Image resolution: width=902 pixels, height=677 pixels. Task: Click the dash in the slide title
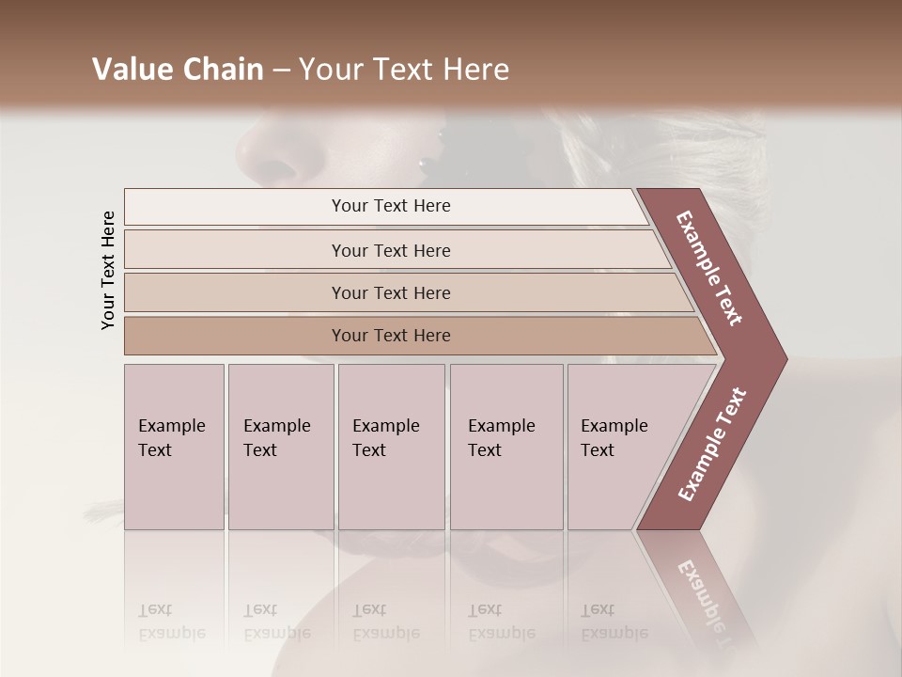pyautogui.click(x=281, y=71)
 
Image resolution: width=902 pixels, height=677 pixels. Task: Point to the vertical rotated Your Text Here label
pyautogui.click(x=108, y=270)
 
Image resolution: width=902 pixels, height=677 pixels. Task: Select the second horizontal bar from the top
pyautogui.click(x=390, y=250)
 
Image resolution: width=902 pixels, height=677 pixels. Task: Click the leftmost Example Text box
pyautogui.click(x=174, y=446)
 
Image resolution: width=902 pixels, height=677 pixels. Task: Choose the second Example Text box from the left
pyautogui.click(x=281, y=446)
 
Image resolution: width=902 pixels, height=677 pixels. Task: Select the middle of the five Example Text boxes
pyautogui.click(x=391, y=446)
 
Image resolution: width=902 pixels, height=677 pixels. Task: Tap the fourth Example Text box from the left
pyautogui.click(x=506, y=446)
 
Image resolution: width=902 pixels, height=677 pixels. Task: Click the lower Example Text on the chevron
pyautogui.click(x=712, y=444)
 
